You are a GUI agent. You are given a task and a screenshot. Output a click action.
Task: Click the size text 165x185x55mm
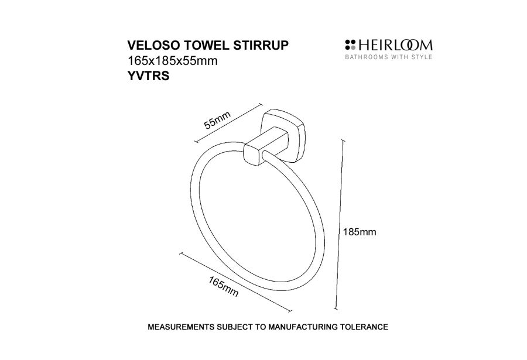coord(172,61)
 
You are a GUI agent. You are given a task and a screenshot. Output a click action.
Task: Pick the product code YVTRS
coord(148,76)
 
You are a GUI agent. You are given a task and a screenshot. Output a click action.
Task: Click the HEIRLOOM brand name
coord(395,46)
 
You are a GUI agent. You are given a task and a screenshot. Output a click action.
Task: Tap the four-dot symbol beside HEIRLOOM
coord(350,45)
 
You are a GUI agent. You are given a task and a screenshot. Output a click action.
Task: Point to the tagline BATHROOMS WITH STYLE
coord(389,57)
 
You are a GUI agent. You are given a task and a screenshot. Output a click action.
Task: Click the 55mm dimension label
coord(218,120)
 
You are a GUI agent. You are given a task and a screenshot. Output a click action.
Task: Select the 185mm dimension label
coord(360,232)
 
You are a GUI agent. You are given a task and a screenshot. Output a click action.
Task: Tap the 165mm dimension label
coord(224,287)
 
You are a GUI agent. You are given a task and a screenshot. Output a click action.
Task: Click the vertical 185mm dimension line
coord(339,224)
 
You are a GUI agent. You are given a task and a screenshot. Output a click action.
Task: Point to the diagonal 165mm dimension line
coord(235,282)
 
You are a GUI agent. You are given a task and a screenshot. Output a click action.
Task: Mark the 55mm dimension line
coord(228,123)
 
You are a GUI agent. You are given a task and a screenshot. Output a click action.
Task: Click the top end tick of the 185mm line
coord(343,140)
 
